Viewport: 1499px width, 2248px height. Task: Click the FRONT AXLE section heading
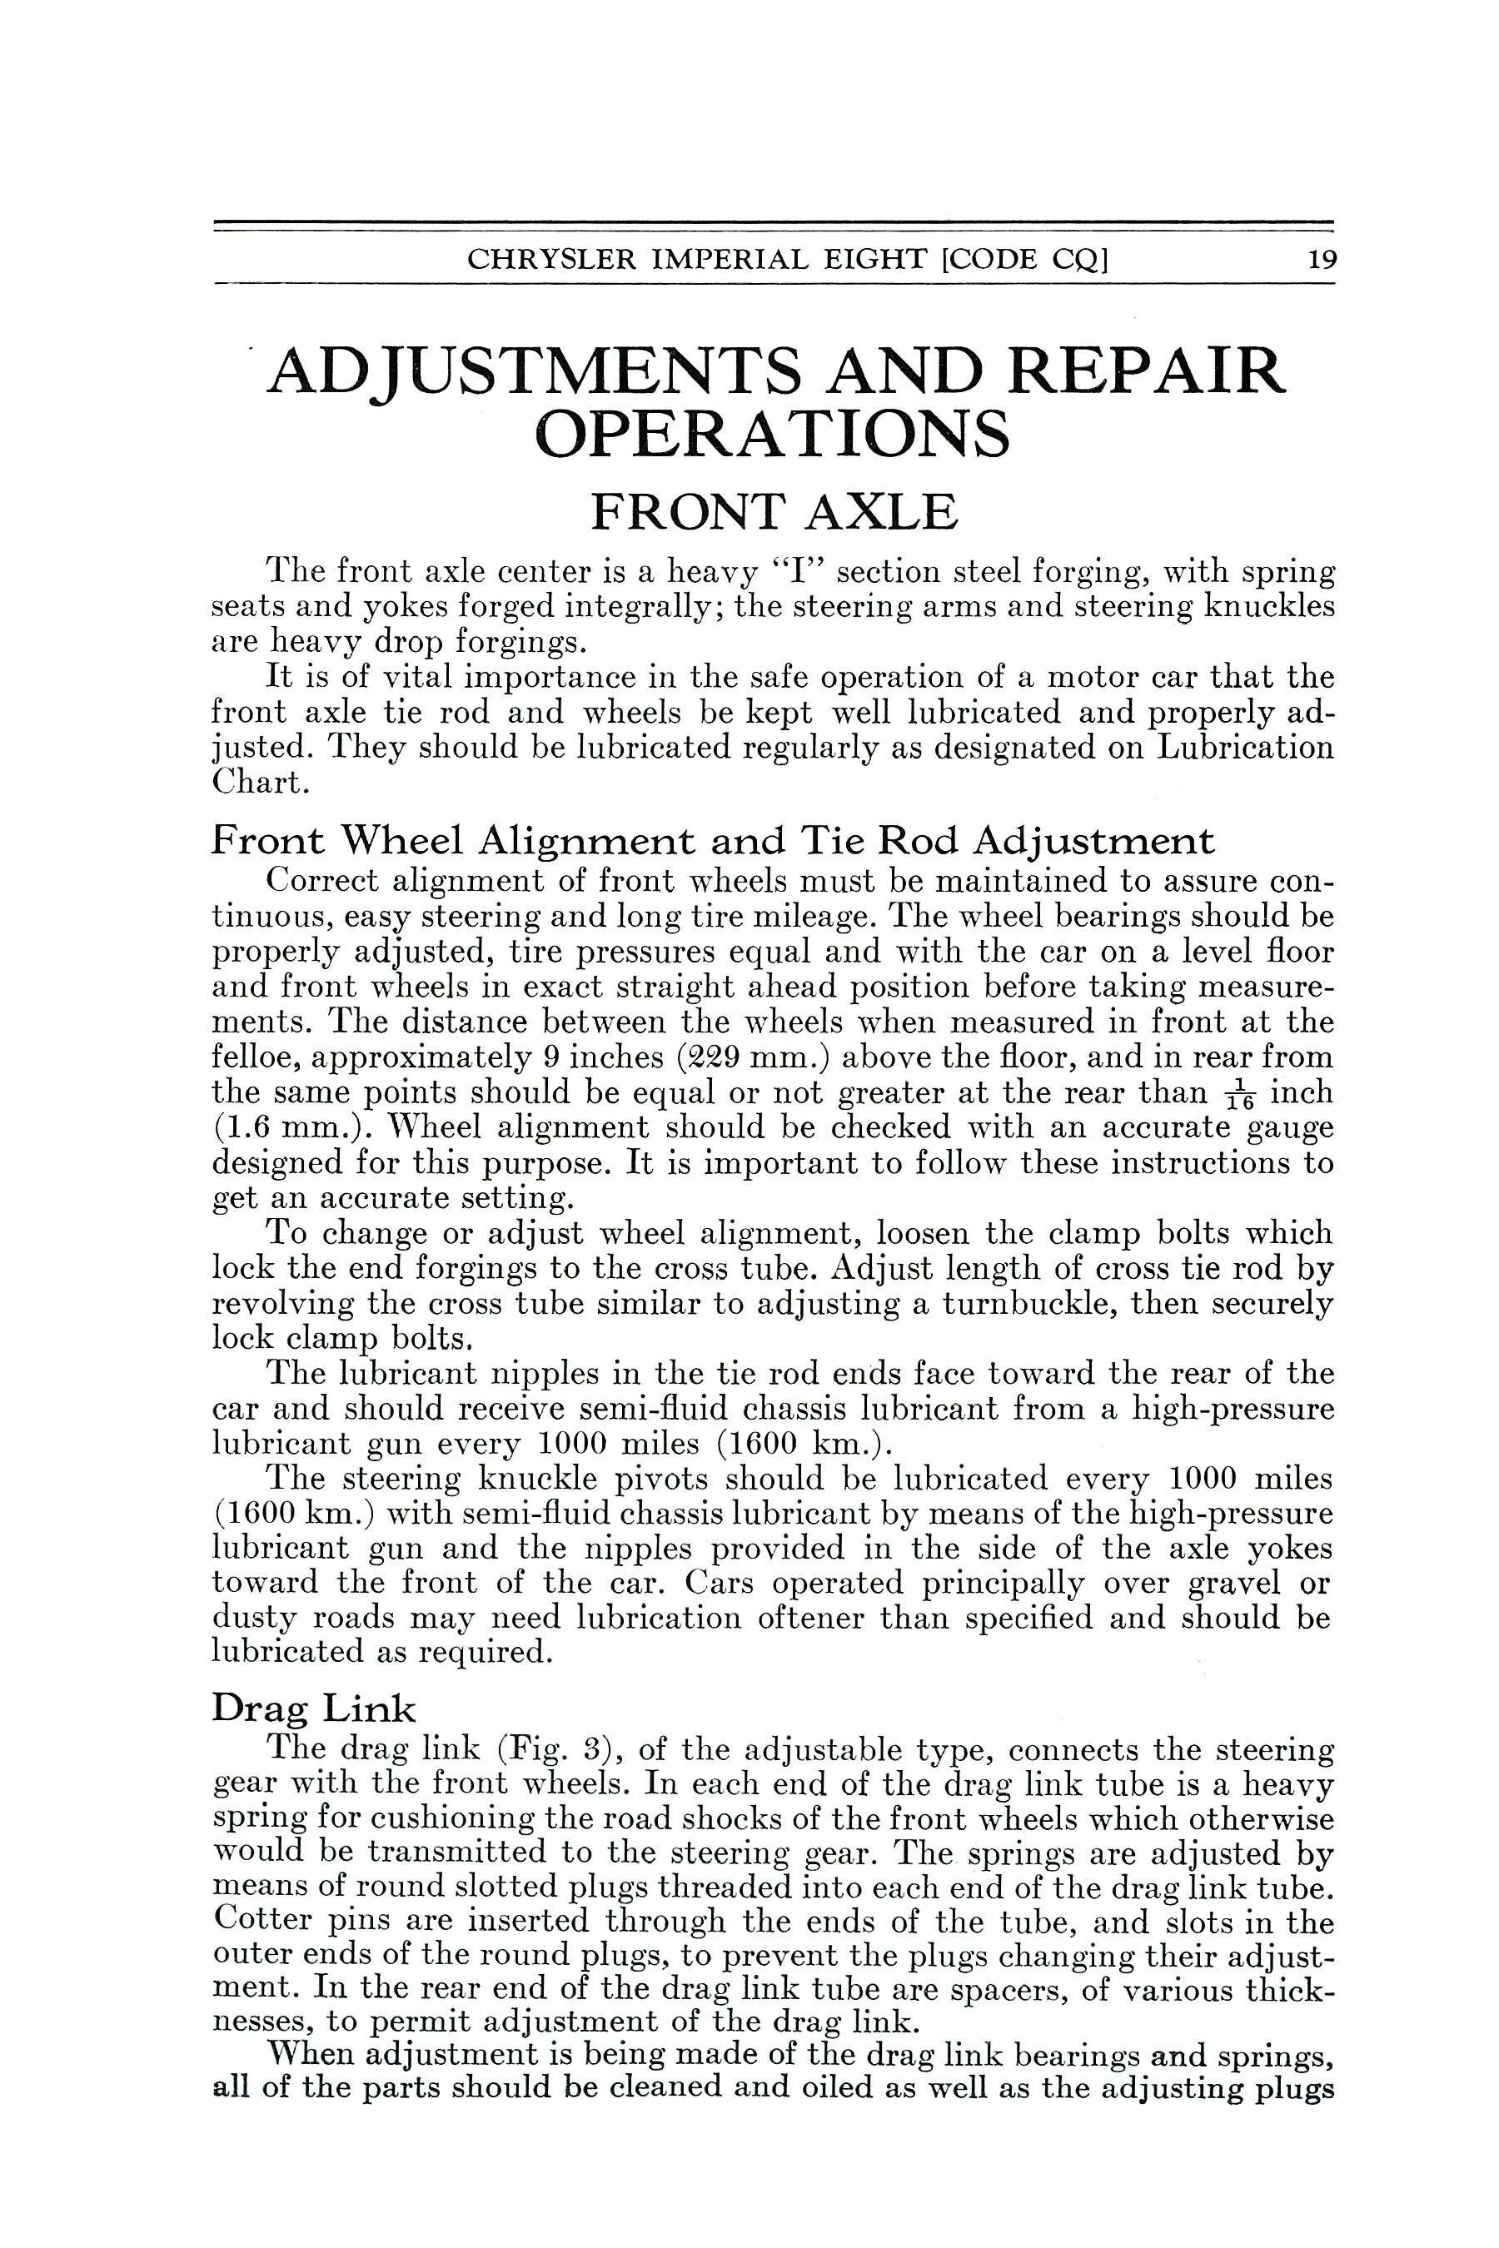(x=774, y=512)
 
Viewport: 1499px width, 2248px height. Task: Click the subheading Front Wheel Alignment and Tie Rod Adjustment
(x=713, y=841)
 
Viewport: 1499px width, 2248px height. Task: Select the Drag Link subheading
(x=315, y=1708)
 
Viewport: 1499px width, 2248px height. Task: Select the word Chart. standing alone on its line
(x=260, y=783)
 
